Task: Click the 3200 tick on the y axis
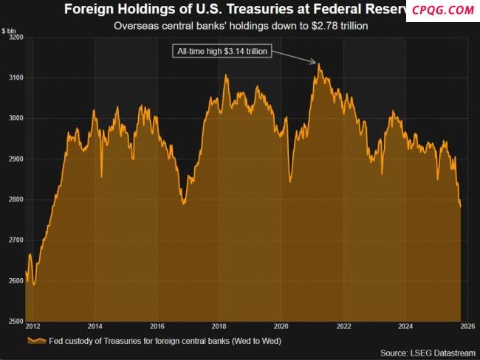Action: point(15,37)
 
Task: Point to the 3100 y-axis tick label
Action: point(15,77)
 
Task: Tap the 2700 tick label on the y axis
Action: point(15,240)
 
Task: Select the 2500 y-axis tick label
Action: point(15,321)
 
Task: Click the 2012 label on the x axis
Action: point(32,325)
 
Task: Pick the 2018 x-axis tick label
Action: point(219,325)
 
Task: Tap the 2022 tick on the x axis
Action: point(343,325)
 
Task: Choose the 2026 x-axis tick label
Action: point(467,325)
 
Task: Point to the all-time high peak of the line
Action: point(319,63)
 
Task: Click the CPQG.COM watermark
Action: point(443,10)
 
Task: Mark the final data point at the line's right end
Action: point(461,207)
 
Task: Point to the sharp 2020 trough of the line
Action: point(290,181)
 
